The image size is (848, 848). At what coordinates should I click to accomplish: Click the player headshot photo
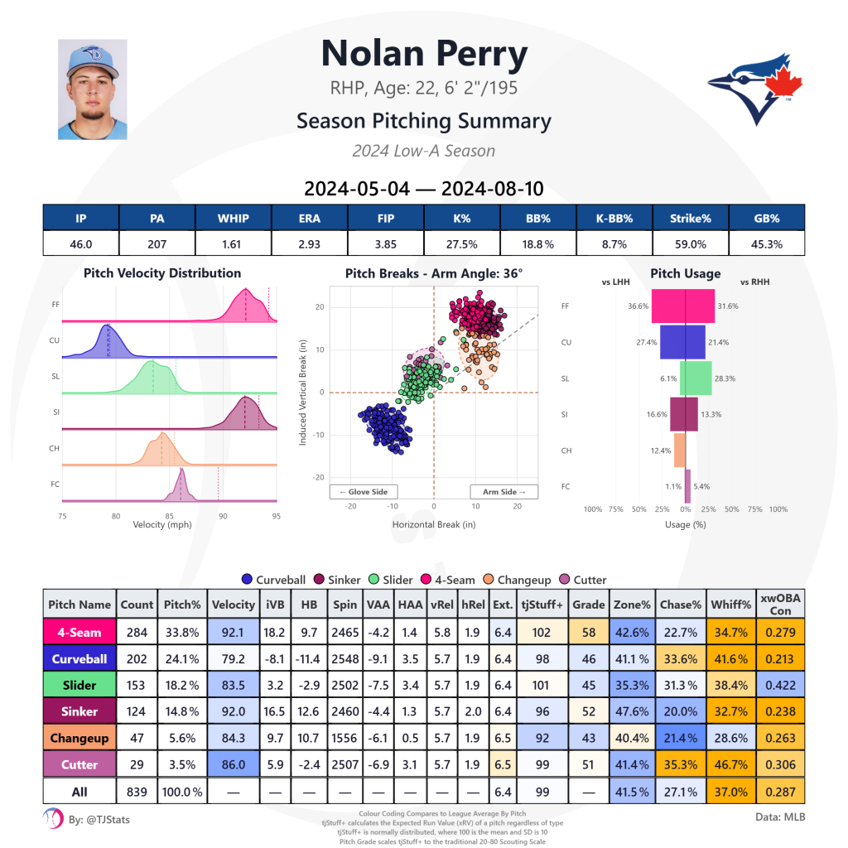tap(92, 89)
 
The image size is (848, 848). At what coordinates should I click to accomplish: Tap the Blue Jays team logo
tap(750, 89)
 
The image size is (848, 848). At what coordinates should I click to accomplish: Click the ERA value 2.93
tap(310, 244)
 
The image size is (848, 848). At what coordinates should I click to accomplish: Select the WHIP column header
tap(234, 218)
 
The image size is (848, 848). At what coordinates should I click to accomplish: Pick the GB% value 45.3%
tap(766, 244)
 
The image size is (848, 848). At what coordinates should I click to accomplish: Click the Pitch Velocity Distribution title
tap(162, 273)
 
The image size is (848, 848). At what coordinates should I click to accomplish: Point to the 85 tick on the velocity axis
tap(169, 516)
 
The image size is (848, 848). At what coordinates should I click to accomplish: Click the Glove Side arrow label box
tap(364, 492)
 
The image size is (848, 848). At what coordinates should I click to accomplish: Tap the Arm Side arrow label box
tap(504, 492)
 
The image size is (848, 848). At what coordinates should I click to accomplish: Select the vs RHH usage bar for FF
tap(701, 306)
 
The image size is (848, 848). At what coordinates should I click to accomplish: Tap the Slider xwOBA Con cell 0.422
tap(783, 686)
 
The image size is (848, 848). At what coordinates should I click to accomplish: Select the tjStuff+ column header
tap(542, 605)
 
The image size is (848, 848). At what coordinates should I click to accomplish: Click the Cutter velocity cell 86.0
tap(233, 765)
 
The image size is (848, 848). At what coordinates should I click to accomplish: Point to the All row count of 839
tap(137, 792)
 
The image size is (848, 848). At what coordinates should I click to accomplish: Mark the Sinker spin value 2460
tap(344, 712)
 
